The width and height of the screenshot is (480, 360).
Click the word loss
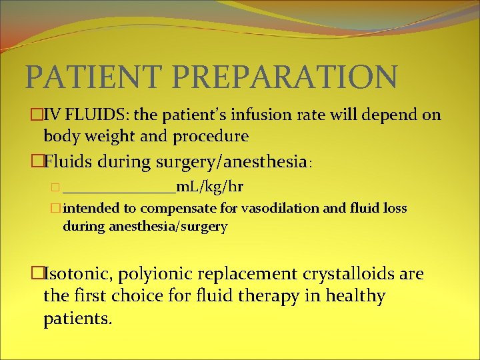click(x=393, y=209)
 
